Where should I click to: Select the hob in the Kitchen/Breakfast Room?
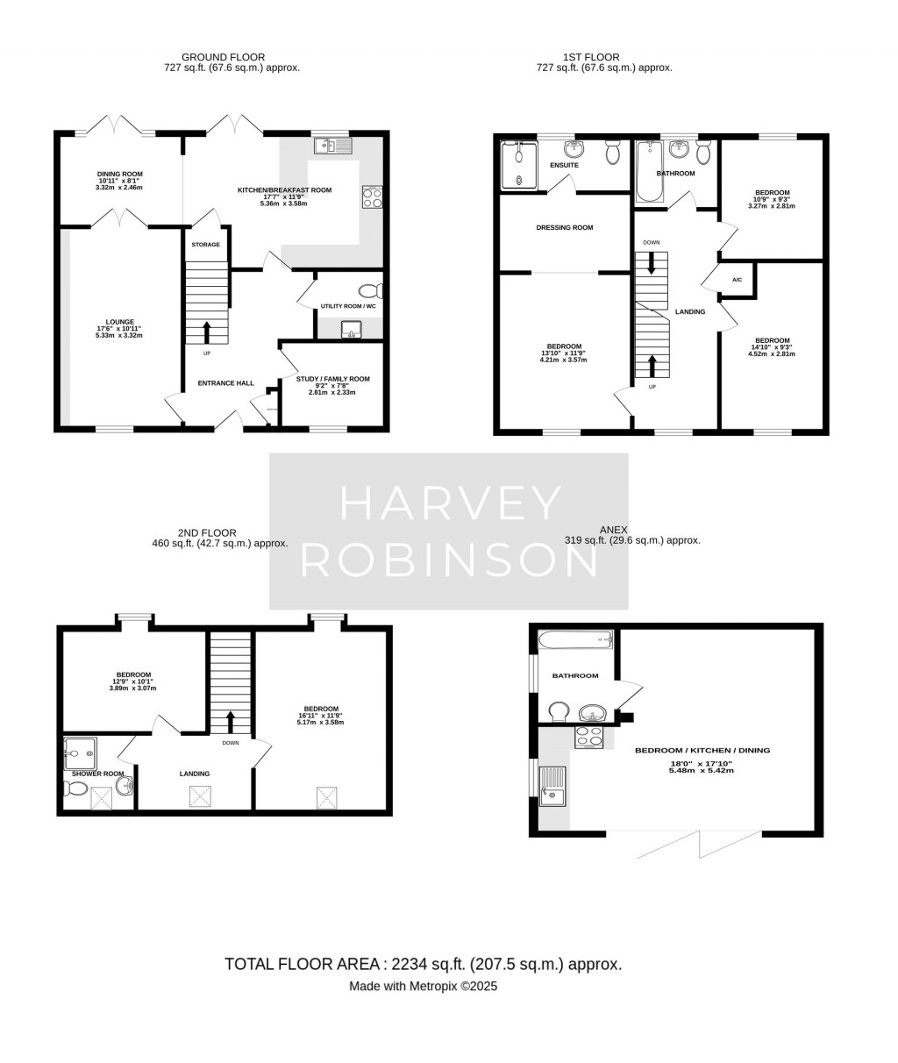(371, 197)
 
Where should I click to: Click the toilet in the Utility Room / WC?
(370, 291)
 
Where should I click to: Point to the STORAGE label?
(205, 245)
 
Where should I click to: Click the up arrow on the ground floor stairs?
(207, 332)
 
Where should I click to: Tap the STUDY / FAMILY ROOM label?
(332, 379)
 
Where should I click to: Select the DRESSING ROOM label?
(564, 227)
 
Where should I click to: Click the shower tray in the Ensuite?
(517, 166)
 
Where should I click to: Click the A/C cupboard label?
(737, 280)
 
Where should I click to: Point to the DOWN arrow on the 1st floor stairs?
(651, 262)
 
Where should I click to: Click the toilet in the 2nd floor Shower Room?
(76, 788)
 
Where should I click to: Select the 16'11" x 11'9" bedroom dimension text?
(320, 716)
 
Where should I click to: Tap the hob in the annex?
(588, 737)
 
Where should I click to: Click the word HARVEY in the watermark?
(449, 503)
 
